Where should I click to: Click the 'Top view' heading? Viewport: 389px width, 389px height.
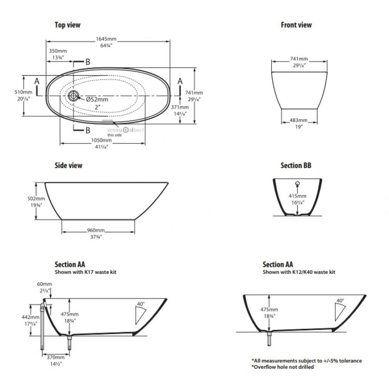(x=67, y=25)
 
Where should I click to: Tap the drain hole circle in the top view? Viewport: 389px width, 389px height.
(x=74, y=96)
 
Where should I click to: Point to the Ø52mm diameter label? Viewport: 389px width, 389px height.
(x=97, y=99)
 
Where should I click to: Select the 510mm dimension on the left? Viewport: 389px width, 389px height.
(x=23, y=92)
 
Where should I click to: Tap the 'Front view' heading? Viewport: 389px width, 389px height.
(x=296, y=25)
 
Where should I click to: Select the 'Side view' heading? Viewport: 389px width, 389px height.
(x=69, y=165)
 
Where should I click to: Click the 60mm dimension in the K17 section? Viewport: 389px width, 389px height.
(x=43, y=283)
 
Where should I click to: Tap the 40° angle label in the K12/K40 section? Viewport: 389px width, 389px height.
(x=340, y=301)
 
